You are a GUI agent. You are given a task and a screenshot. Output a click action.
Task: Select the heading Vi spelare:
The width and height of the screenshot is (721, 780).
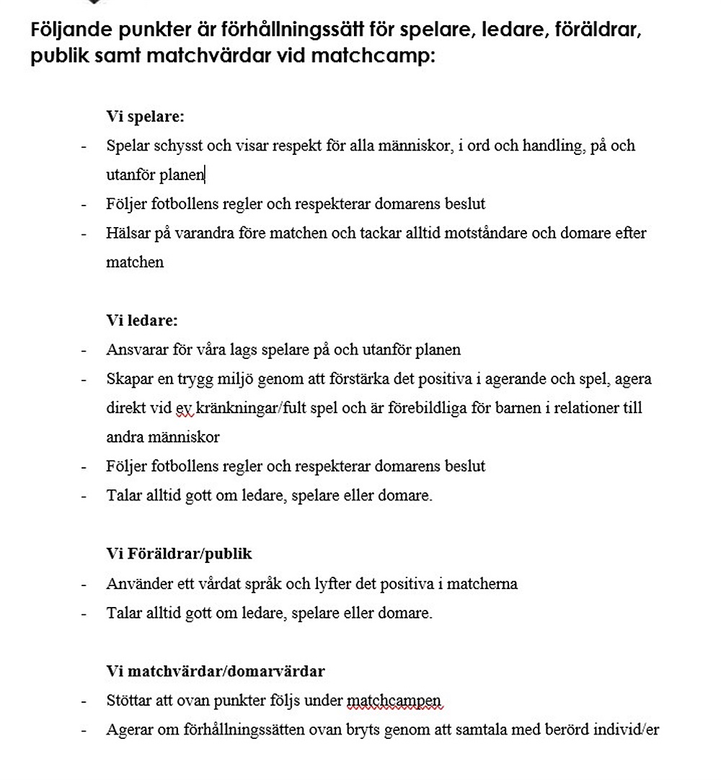click(146, 116)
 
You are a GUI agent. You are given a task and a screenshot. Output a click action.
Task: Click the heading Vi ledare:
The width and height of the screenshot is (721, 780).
click(142, 320)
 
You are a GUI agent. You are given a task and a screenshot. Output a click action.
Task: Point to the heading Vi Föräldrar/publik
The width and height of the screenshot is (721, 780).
click(180, 554)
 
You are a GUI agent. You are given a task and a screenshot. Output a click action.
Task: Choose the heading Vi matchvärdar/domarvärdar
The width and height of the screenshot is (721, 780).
click(216, 671)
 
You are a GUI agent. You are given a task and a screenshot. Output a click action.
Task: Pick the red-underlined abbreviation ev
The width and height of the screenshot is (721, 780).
click(184, 408)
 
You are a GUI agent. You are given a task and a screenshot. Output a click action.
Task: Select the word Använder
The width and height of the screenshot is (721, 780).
click(135, 583)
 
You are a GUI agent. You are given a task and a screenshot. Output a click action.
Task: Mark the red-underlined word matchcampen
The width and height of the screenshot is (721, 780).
click(394, 701)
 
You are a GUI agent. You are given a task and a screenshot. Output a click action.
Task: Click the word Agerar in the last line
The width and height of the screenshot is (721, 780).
click(128, 730)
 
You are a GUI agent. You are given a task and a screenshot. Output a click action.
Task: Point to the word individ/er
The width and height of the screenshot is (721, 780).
click(627, 730)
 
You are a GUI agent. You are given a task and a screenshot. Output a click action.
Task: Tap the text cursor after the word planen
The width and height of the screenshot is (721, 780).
click(205, 174)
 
